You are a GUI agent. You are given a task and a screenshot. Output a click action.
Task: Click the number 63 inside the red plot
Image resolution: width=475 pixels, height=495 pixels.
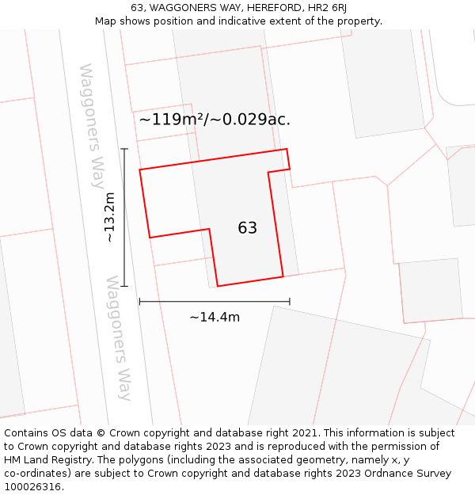(x=247, y=228)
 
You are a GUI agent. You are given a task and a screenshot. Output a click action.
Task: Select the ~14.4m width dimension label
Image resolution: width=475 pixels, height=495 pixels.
(x=215, y=318)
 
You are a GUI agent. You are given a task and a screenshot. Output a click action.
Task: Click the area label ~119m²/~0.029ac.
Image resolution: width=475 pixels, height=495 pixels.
(x=215, y=120)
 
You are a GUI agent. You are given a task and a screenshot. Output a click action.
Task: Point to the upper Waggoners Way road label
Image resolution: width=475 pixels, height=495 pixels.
(x=92, y=126)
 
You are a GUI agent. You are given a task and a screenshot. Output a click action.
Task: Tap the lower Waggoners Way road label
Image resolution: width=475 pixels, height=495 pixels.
(x=120, y=338)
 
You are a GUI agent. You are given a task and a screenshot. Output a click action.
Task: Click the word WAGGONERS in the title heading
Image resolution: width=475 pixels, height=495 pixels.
(x=182, y=8)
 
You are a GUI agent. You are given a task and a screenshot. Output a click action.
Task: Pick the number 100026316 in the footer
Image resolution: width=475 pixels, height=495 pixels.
(x=32, y=487)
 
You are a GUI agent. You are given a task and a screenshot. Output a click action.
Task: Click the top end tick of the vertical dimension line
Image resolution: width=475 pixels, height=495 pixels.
(x=124, y=148)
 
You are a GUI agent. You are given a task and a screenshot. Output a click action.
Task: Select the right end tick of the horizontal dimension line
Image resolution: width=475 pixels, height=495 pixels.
(x=290, y=301)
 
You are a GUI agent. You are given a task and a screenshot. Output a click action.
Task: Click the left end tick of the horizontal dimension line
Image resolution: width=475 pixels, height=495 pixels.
(x=139, y=301)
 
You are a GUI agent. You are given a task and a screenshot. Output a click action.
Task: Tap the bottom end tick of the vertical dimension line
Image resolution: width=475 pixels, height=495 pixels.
(x=124, y=286)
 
